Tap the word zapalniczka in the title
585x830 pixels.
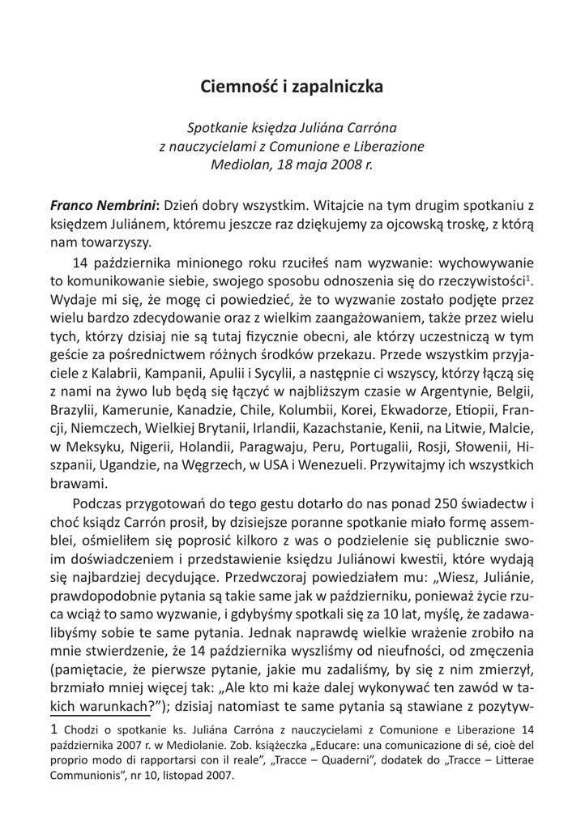[x=339, y=86]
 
